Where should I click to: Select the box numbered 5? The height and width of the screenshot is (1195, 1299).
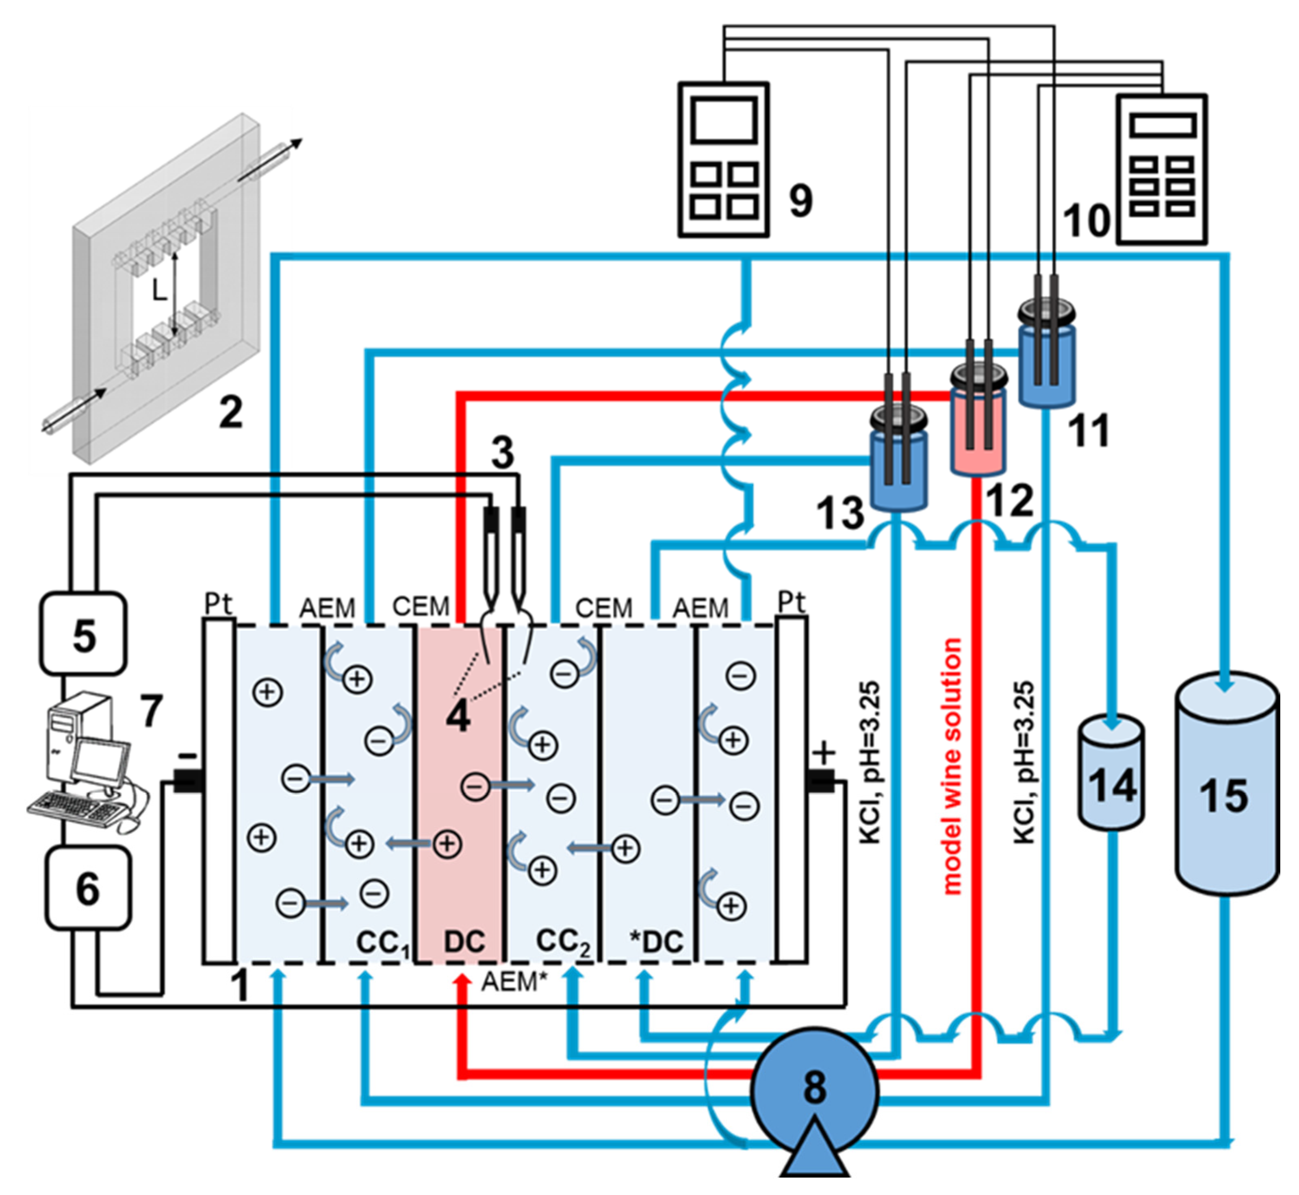coord(84,634)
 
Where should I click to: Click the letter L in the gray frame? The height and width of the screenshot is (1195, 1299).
coord(159,292)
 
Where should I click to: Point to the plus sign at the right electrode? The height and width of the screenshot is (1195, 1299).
coord(823,753)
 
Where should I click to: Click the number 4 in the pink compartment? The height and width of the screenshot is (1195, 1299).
coord(458,716)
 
